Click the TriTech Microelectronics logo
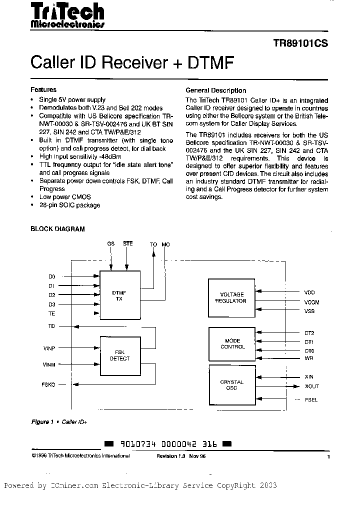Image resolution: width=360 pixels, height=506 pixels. pyautogui.click(x=67, y=16)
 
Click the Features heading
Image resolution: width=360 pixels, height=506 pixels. pyautogui.click(x=43, y=90)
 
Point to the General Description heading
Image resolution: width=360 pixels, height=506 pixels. pyautogui.click(x=215, y=90)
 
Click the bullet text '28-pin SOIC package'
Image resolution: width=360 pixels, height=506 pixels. pyautogui.click(x=69, y=205)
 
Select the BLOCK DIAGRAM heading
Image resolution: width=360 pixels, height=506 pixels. pyautogui.click(x=57, y=229)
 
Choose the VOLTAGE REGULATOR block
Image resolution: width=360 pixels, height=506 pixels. pyautogui.click(x=231, y=297)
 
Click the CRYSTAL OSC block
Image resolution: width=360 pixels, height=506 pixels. pyautogui.click(x=231, y=385)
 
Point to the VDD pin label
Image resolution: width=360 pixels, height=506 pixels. pyautogui.click(x=309, y=292)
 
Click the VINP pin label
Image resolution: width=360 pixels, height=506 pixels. pyautogui.click(x=50, y=347)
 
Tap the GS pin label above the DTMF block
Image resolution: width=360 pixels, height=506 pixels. pyautogui.click(x=110, y=244)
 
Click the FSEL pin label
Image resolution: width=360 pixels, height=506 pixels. pyautogui.click(x=310, y=400)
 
